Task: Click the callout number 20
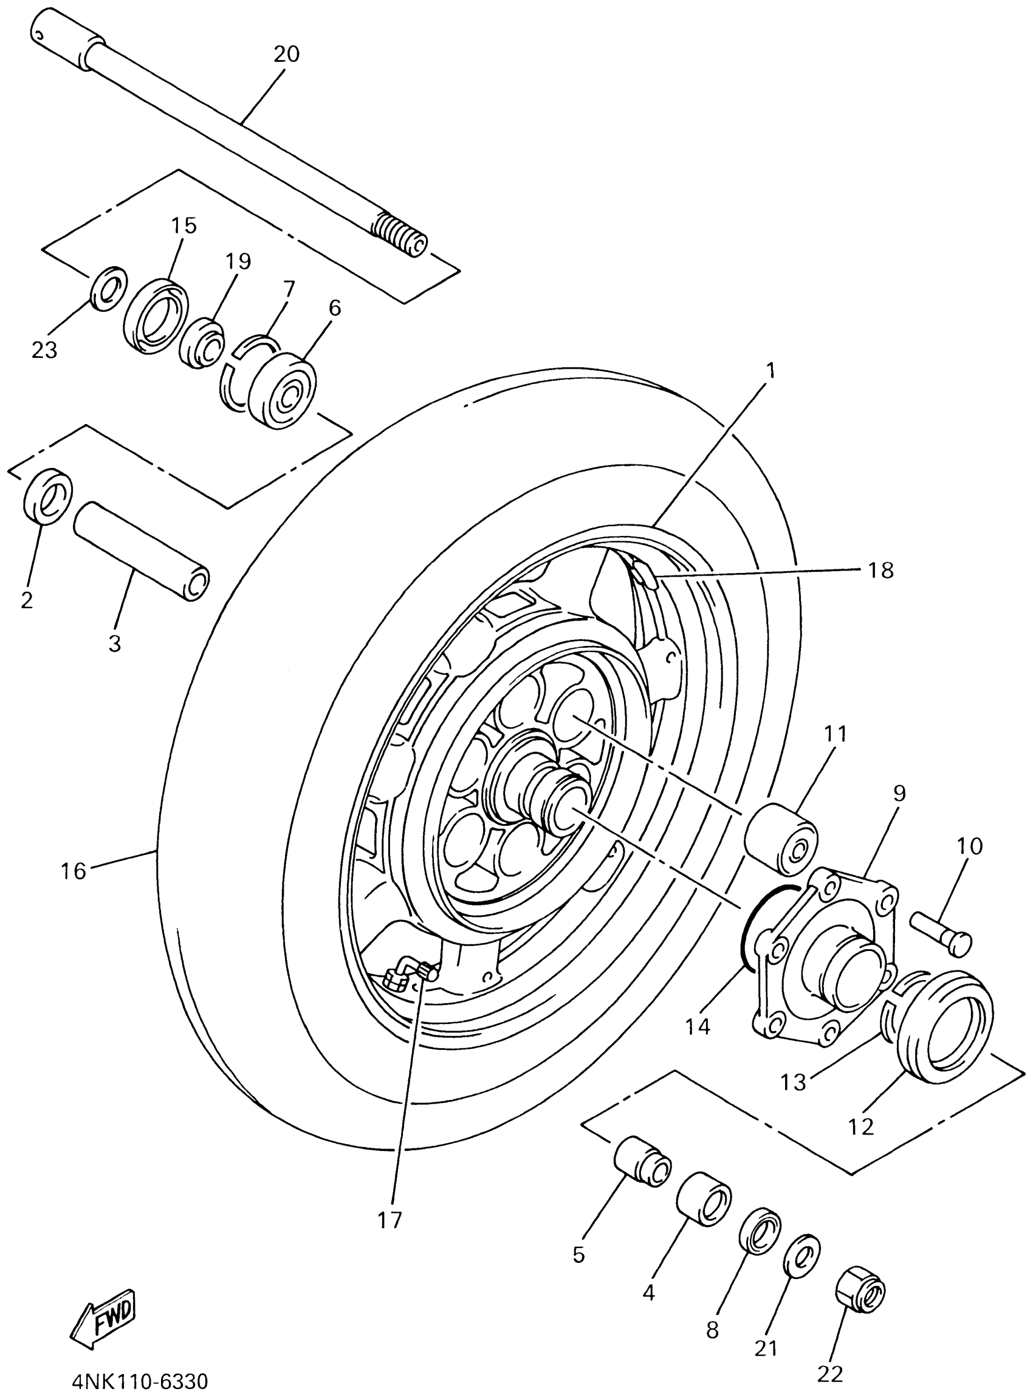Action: (x=286, y=55)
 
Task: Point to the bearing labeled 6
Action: (x=283, y=391)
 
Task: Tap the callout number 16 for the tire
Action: (x=73, y=871)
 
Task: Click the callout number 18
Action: (x=880, y=571)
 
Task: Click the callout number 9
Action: (x=899, y=794)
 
